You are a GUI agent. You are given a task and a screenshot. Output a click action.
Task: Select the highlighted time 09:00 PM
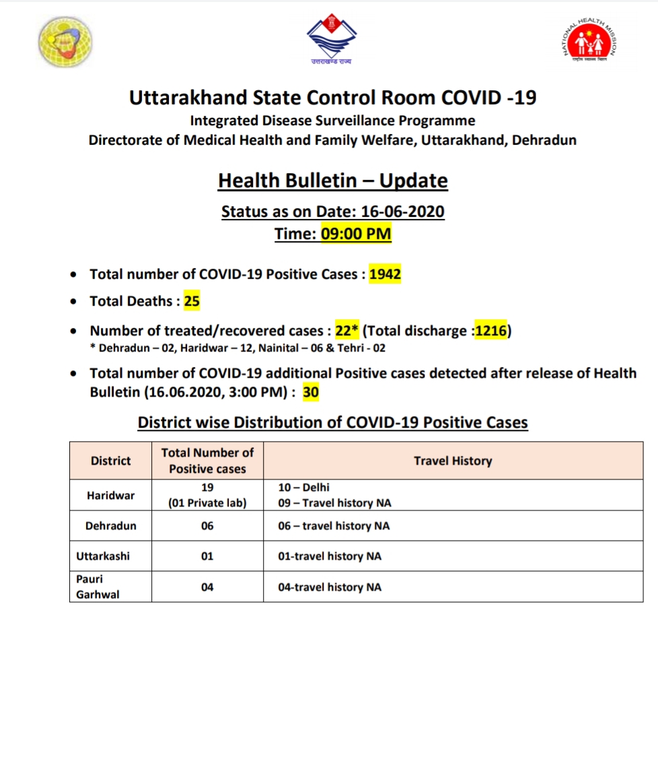tap(355, 234)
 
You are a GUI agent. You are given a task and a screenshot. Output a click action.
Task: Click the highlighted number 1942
tap(385, 274)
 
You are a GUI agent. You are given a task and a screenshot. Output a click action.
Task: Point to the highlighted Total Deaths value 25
tap(192, 301)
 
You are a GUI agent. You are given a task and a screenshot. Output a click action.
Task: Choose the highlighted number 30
tap(310, 392)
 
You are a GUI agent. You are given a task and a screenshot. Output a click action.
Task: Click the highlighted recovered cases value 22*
tap(346, 331)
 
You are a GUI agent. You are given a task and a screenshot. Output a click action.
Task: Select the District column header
tap(110, 461)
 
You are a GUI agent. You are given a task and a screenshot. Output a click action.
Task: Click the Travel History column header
tap(453, 461)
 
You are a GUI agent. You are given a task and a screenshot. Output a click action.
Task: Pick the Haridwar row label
tap(110, 495)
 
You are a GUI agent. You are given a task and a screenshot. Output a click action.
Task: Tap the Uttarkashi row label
tap(102, 556)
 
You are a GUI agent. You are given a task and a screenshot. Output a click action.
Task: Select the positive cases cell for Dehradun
tap(207, 526)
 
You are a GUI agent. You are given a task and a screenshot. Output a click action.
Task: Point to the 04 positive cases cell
tap(207, 587)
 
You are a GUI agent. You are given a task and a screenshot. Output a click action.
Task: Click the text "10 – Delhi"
tap(304, 487)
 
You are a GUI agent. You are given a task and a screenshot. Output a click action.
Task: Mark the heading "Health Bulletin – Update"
tap(333, 180)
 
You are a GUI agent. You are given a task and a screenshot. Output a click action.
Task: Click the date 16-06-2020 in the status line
tap(402, 211)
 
